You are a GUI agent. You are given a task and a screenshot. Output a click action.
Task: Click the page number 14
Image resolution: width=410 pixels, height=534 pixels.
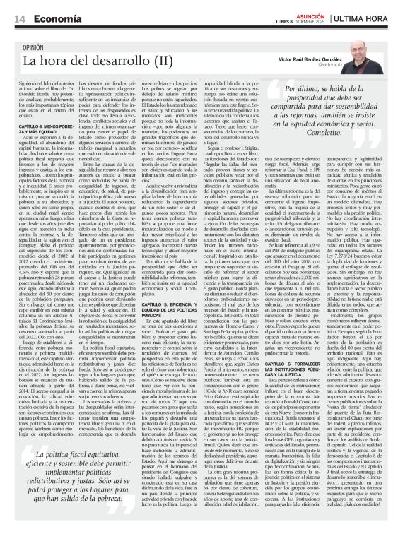(18, 18)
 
